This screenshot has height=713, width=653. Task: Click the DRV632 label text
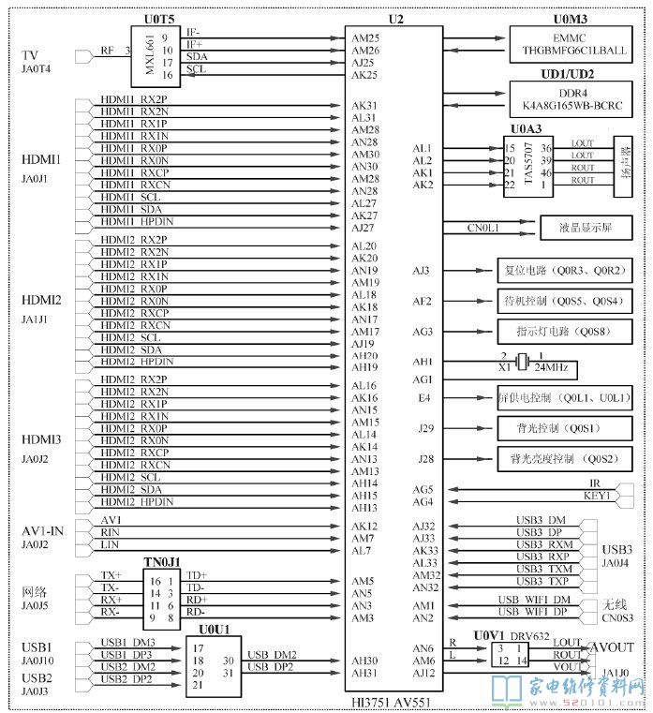point(530,636)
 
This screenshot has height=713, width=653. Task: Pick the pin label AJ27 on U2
point(364,228)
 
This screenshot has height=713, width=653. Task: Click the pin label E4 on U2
point(424,397)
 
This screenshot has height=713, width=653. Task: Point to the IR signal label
point(583,483)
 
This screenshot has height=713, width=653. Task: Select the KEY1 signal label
point(596,496)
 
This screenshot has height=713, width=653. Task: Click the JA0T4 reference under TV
point(37,69)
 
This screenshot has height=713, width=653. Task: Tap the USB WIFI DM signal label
point(533,599)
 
